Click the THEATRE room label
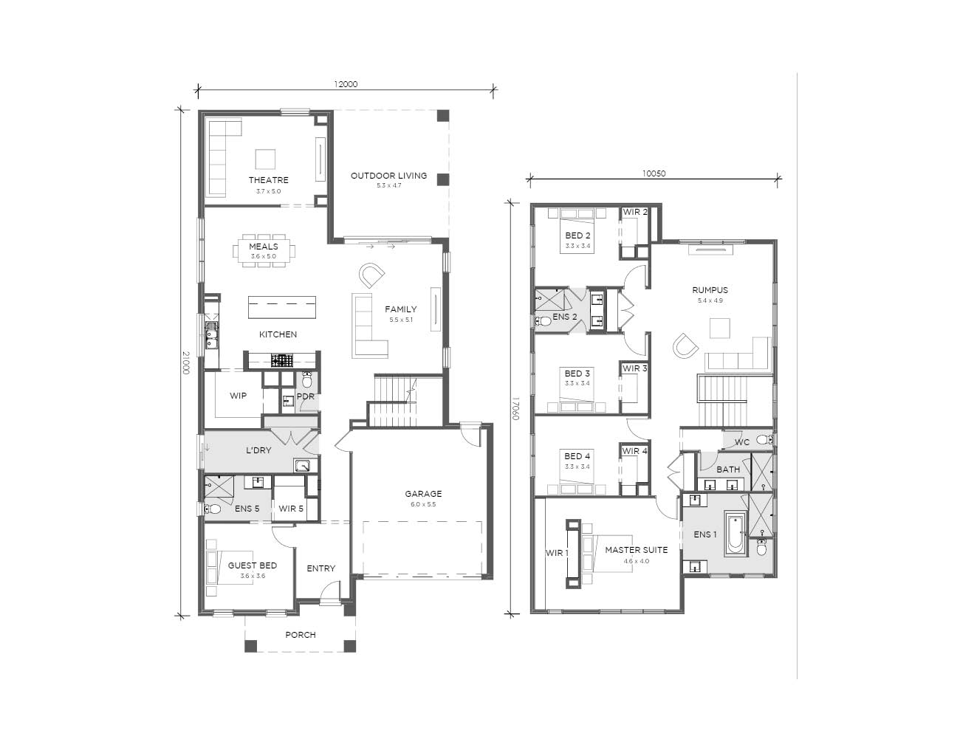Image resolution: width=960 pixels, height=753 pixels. point(268,180)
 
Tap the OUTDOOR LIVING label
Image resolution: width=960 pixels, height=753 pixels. point(388,176)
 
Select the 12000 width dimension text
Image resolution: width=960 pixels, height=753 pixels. point(346,84)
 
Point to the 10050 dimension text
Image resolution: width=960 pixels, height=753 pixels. point(654,173)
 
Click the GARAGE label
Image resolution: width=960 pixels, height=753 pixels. point(423,494)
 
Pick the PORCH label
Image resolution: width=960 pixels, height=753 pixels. point(301,635)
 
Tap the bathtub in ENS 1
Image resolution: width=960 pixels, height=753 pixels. point(736,534)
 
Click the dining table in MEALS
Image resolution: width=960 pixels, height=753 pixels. point(264,251)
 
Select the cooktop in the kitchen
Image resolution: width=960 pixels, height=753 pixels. point(282,361)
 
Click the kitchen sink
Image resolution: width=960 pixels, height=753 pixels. point(212,334)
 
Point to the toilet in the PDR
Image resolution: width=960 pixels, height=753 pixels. point(307,379)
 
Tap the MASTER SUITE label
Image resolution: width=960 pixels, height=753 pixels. point(636,550)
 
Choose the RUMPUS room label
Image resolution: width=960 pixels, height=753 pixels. point(710,290)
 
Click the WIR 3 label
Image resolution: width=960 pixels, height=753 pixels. point(635,368)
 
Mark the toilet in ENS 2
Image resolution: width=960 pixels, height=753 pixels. point(543,321)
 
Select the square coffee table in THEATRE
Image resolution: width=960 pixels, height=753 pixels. point(265,159)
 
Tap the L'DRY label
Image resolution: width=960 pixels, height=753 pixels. point(258,450)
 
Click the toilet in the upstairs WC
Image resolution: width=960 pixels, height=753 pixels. point(764,439)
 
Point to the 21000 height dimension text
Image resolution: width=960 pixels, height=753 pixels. point(186,363)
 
